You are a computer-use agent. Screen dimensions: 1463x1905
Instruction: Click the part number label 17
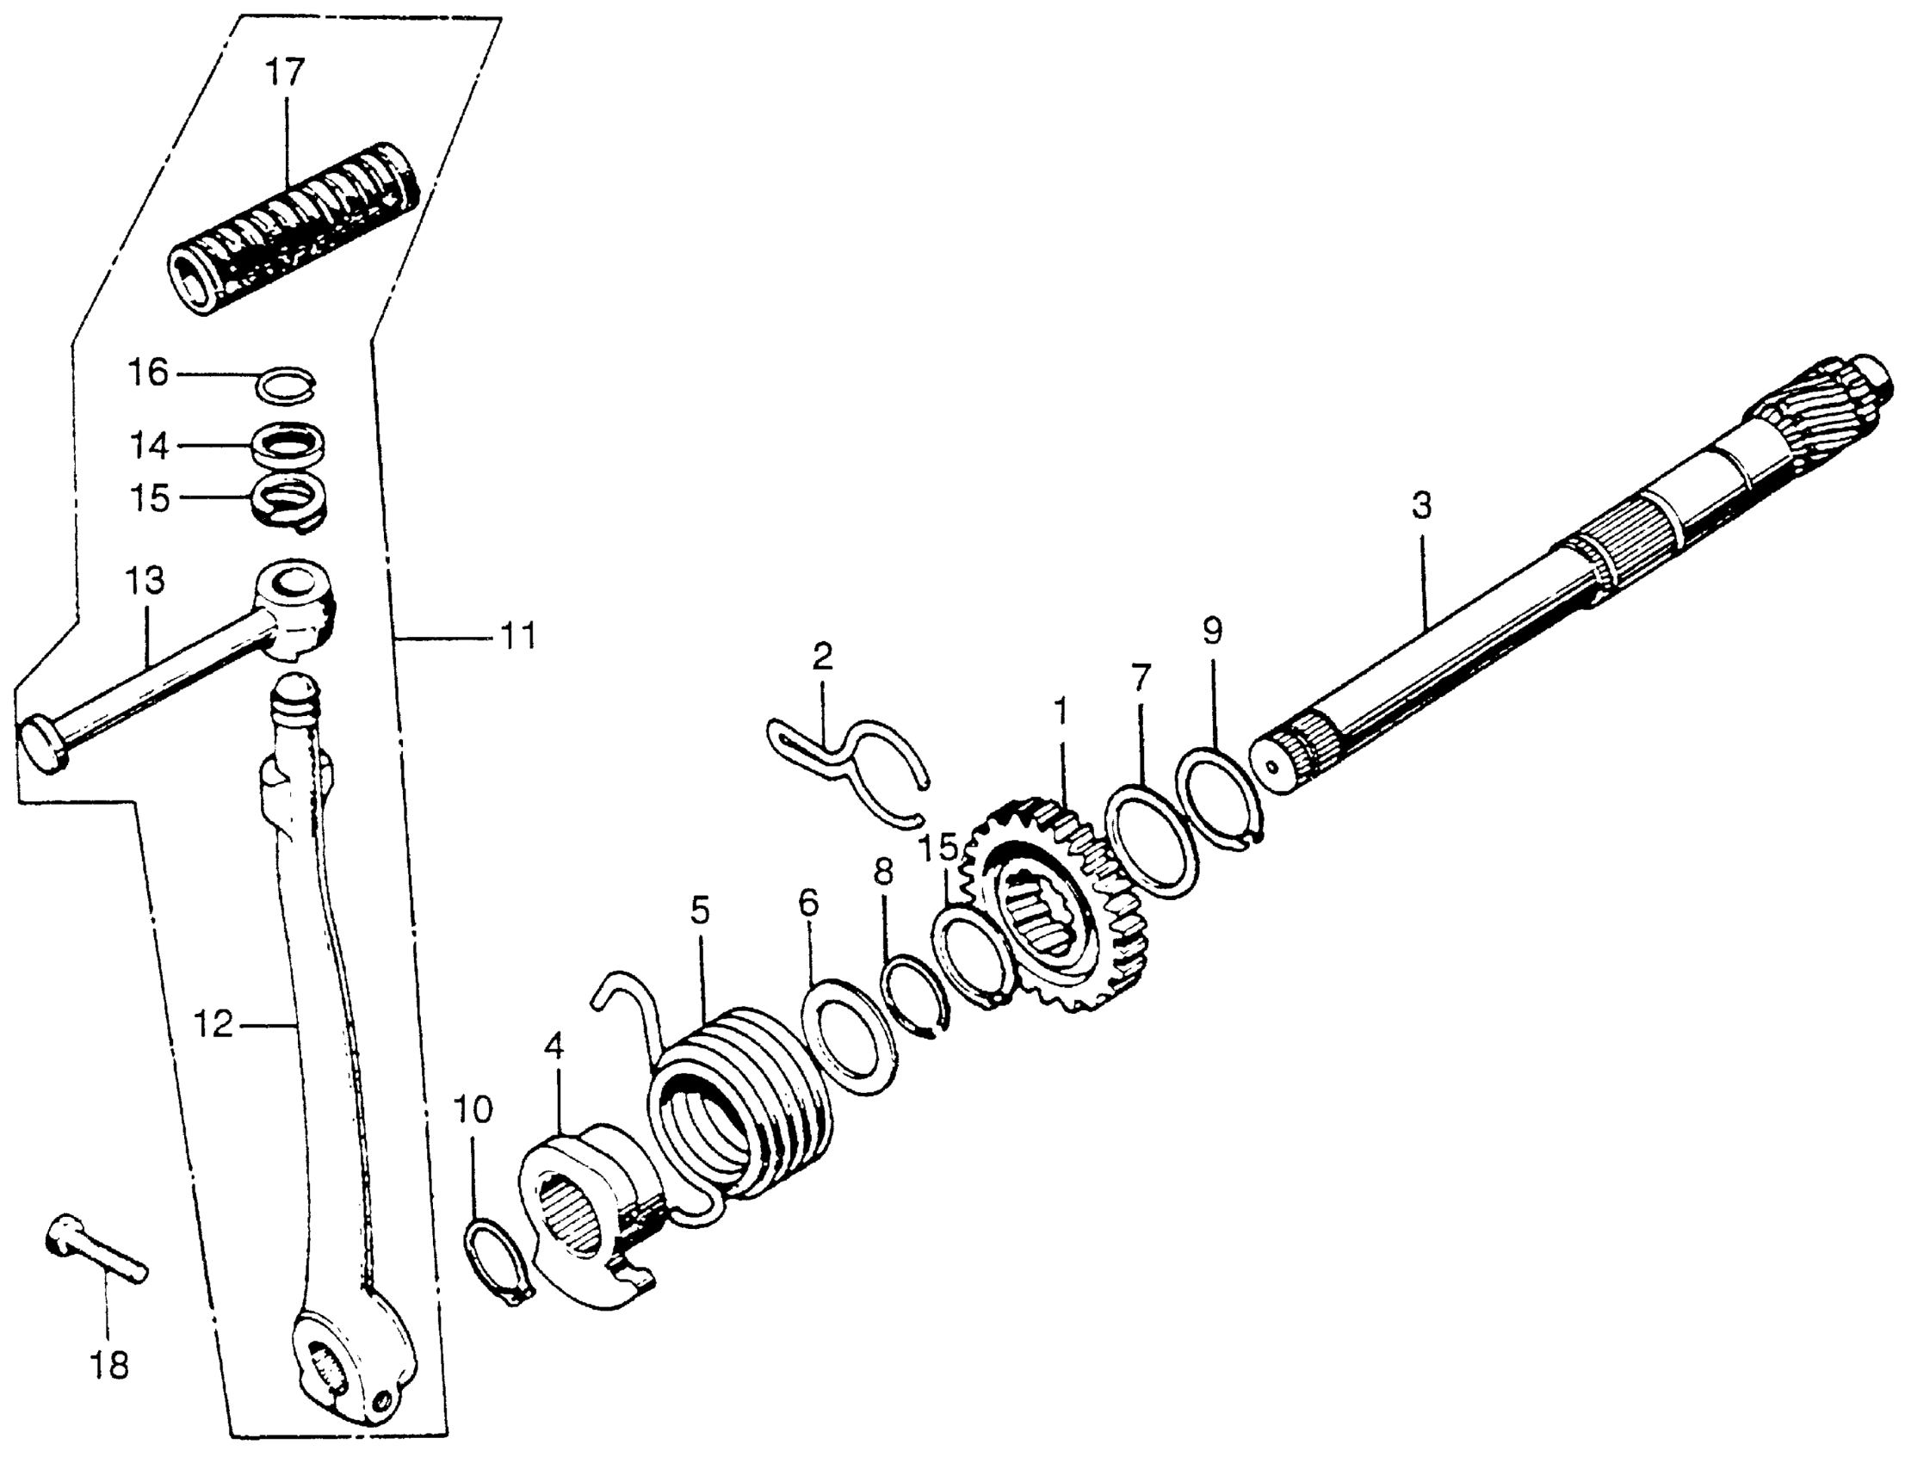[x=285, y=72]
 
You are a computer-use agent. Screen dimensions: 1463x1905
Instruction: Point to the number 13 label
[x=145, y=580]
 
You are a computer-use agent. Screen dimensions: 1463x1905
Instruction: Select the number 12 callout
[x=213, y=1025]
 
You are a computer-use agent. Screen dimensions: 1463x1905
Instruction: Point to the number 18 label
[x=109, y=1365]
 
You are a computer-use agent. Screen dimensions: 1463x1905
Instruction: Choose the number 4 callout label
[x=554, y=1047]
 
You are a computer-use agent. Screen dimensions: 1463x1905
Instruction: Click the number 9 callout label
[x=1213, y=632]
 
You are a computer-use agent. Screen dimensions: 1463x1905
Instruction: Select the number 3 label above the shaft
[x=1420, y=505]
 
